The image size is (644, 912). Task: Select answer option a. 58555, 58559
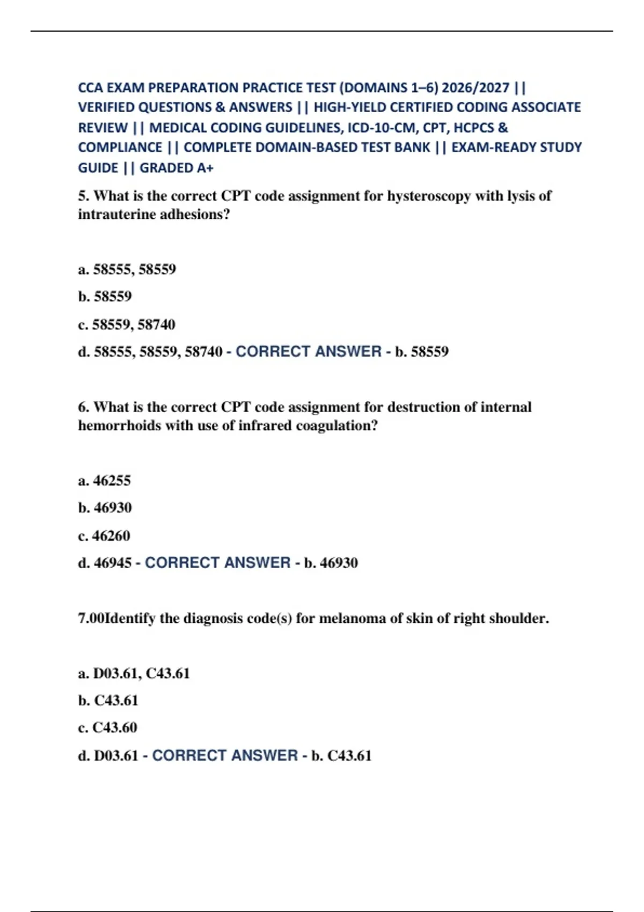(127, 269)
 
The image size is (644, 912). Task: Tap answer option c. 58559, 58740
(127, 325)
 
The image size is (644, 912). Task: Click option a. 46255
(105, 481)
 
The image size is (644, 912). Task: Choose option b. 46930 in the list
(105, 508)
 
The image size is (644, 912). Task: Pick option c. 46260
(104, 535)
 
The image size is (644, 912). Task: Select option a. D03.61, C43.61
(134, 673)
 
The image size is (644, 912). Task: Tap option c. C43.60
(108, 727)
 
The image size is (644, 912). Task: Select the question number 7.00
(91, 619)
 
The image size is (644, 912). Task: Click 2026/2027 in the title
(475, 87)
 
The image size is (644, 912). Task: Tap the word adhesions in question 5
(195, 215)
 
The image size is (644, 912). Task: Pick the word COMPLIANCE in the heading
(120, 148)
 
